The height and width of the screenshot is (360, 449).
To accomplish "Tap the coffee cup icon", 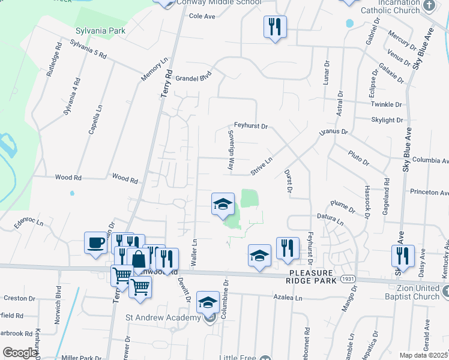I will [x=96, y=243].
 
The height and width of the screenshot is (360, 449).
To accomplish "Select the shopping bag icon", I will [x=139, y=260].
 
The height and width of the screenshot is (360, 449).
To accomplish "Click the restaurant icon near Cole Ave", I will [x=275, y=26].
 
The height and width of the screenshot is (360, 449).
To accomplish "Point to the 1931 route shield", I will [x=348, y=280].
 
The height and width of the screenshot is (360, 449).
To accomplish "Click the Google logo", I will [x=19, y=353].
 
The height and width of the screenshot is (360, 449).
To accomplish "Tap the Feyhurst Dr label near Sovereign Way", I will [x=250, y=127].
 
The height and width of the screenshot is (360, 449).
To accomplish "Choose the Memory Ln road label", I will [x=154, y=70].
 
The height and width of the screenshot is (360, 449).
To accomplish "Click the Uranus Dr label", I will [x=334, y=131].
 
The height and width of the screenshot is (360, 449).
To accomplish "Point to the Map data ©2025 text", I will [x=423, y=355].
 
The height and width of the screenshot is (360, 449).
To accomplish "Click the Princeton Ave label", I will [x=429, y=193].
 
